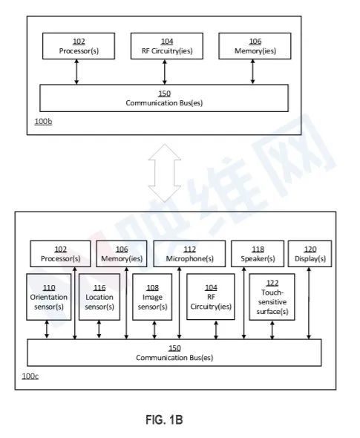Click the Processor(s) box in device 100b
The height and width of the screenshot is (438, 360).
tap(79, 46)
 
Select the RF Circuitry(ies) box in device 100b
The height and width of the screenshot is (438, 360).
tap(167, 46)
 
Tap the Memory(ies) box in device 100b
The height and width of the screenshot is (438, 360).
tap(255, 46)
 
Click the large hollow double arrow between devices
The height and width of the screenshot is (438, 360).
tap(165, 173)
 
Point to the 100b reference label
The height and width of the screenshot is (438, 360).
tap(43, 122)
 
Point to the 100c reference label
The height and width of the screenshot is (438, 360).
tap(30, 376)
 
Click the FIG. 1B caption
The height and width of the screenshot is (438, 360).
tap(164, 419)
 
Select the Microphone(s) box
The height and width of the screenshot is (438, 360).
tap(189, 254)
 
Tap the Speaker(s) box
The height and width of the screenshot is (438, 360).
tap(258, 254)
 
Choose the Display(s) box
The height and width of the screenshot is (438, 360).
tap(310, 254)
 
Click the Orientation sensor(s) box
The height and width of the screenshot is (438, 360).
tap(49, 297)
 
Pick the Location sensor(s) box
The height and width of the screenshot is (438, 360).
tap(99, 297)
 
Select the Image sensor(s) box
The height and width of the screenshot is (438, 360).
tap(152, 297)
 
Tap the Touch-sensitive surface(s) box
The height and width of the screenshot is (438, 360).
tap(272, 297)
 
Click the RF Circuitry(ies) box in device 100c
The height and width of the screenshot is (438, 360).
tap(211, 297)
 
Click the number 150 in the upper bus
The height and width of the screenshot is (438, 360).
tap(164, 94)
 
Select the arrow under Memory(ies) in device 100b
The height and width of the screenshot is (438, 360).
tap(252, 72)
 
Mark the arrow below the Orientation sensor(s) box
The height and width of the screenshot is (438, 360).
tap(47, 330)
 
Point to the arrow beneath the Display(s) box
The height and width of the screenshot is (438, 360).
tap(309, 303)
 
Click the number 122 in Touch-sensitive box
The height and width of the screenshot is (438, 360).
tap(272, 283)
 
